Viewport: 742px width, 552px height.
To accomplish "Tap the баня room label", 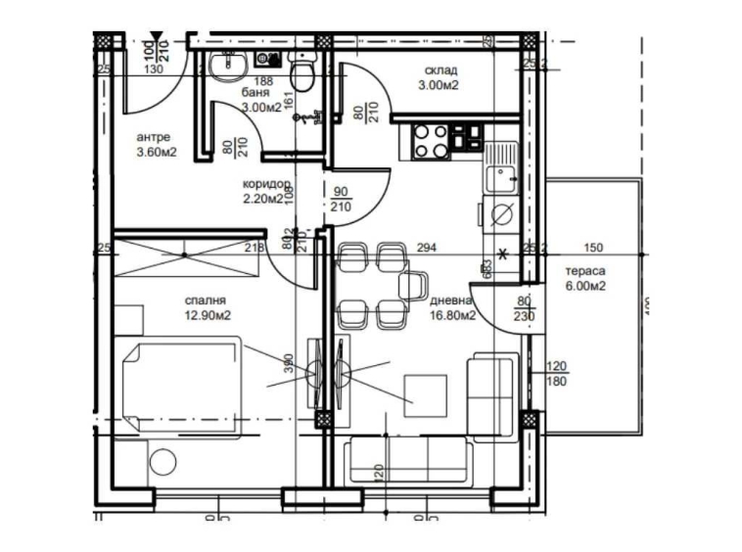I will (256, 94).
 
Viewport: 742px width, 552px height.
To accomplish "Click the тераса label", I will (585, 271).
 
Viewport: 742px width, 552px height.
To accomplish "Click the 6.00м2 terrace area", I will (585, 286).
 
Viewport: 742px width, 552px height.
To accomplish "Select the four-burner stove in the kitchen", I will (431, 141).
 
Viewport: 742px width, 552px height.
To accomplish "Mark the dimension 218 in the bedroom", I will (254, 249).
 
